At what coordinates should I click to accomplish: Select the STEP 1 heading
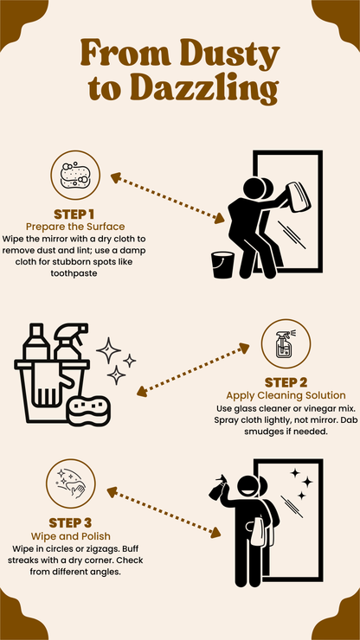pyautogui.click(x=74, y=214)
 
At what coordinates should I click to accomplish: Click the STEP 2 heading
pyautogui.click(x=286, y=383)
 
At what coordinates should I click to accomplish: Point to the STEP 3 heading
pyautogui.click(x=70, y=523)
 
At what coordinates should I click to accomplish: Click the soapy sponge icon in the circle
pyautogui.click(x=75, y=176)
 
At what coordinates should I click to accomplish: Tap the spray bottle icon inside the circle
pyautogui.click(x=286, y=344)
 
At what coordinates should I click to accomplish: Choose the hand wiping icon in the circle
pyautogui.click(x=71, y=483)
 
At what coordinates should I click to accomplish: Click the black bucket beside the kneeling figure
pyautogui.click(x=223, y=265)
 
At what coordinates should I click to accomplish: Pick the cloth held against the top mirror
pyautogui.click(x=299, y=196)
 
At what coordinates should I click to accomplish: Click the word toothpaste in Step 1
pyautogui.click(x=74, y=273)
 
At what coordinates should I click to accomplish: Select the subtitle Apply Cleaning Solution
pyautogui.click(x=286, y=395)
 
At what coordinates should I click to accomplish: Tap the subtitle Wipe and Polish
pyautogui.click(x=71, y=535)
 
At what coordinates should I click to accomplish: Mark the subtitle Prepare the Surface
pyautogui.click(x=75, y=227)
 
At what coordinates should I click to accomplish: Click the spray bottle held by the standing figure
pyautogui.click(x=217, y=488)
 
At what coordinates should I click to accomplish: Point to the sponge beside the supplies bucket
pyautogui.click(x=88, y=411)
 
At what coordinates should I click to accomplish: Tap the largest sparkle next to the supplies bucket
pyautogui.click(x=109, y=350)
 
